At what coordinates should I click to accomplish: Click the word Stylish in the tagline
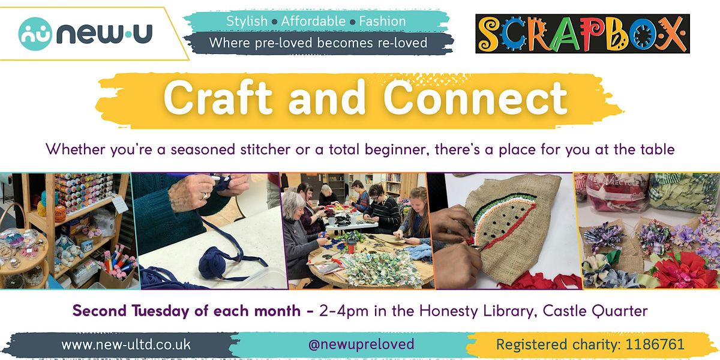tap(247, 21)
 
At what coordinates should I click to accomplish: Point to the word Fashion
tap(383, 21)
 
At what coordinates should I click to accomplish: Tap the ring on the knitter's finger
tap(203, 195)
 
